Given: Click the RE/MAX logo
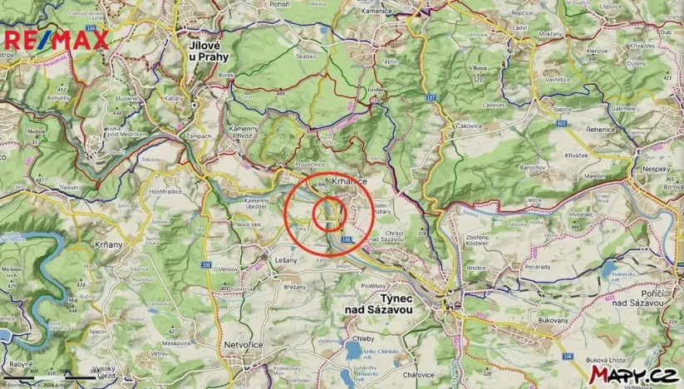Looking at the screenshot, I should click(57, 39).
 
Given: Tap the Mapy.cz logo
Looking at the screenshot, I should click(631, 375).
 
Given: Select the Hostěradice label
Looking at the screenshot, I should click(165, 192).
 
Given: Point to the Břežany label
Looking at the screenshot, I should click(296, 285).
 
